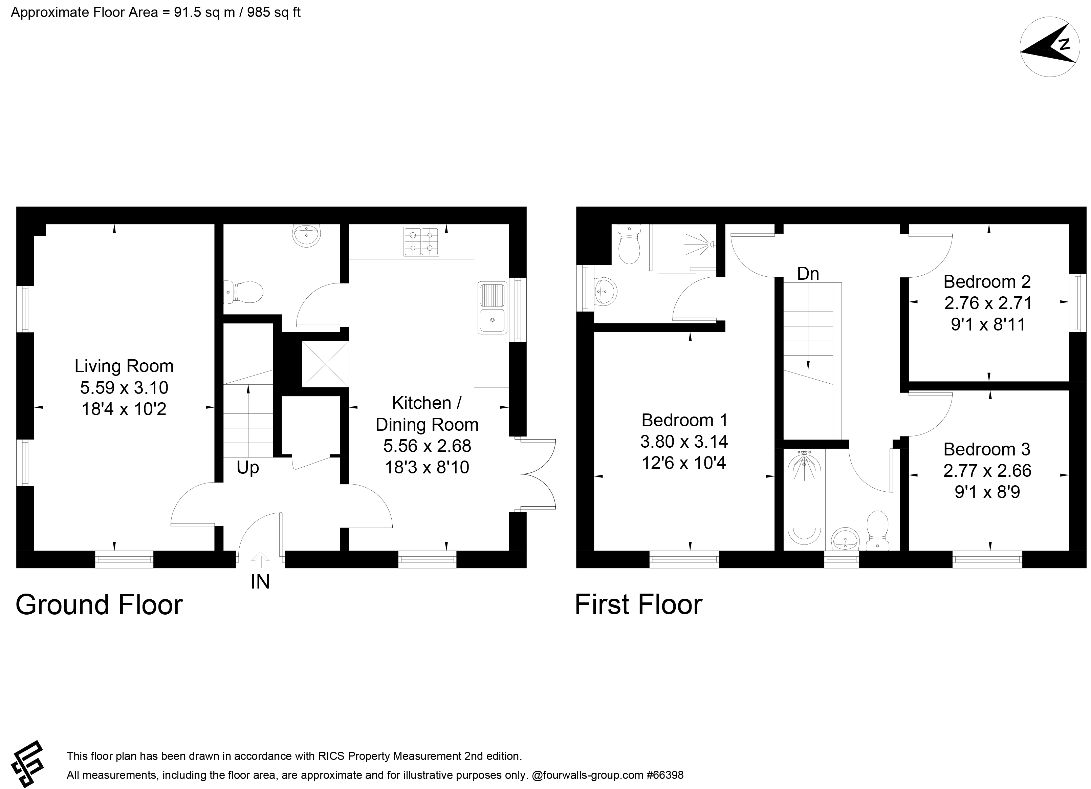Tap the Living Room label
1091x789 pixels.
tap(124, 366)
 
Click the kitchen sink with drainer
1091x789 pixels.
tap(492, 308)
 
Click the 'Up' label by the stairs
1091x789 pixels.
tap(248, 468)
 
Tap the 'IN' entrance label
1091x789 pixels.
tap(260, 582)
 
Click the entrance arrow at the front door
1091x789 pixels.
tap(260, 559)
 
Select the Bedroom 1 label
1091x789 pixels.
tap(684, 420)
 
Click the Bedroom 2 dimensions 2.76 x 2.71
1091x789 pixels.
tap(988, 303)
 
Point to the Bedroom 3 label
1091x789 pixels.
tap(987, 449)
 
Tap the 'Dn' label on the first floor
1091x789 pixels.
tap(808, 274)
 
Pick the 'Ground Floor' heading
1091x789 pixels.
tap(99, 605)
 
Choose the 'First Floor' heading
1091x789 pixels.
tap(638, 605)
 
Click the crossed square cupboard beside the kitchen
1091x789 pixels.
tap(325, 364)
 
